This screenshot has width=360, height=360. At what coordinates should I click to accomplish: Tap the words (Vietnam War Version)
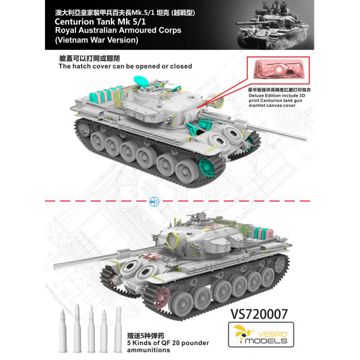96,40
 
